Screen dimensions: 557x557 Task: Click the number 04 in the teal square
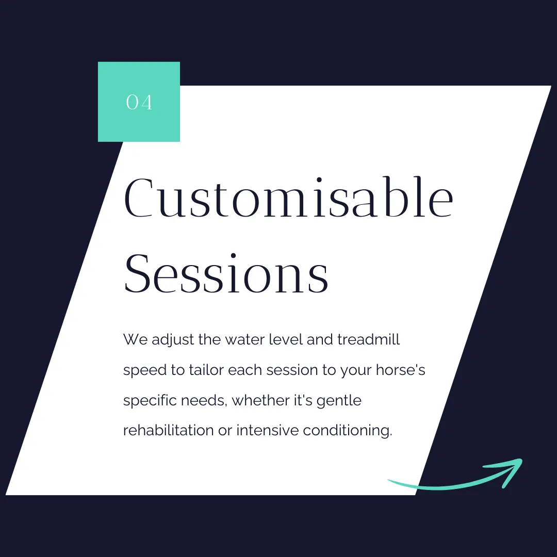139,102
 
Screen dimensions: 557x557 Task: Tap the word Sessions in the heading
226,273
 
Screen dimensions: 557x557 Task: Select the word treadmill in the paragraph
368,339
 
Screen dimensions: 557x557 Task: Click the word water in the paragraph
245,339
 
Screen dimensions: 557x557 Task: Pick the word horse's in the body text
400,370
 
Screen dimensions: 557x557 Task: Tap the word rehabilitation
168,430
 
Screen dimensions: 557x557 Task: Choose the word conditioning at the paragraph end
348,431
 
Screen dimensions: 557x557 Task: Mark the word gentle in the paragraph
339,401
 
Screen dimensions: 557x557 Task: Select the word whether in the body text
260,400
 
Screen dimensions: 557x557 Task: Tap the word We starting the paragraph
135,339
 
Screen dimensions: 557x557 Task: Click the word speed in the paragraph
145,370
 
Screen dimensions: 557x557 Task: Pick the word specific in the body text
150,401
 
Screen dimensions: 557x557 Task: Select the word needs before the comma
203,401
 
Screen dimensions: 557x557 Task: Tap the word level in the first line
286,339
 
